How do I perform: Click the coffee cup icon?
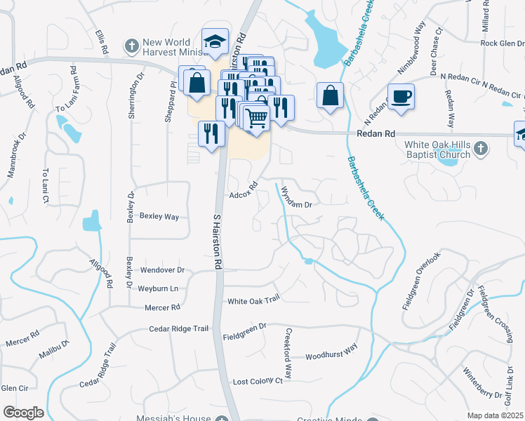(x=401, y=96)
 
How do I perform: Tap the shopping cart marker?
(x=258, y=118)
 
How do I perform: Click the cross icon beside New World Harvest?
(x=131, y=46)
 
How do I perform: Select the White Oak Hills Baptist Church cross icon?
(x=480, y=149)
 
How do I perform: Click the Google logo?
(x=23, y=413)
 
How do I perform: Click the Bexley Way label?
(x=159, y=216)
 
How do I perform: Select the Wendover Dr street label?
(x=162, y=269)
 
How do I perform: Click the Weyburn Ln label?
(x=158, y=288)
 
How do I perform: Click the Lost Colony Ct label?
(x=257, y=381)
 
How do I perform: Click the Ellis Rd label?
(x=103, y=41)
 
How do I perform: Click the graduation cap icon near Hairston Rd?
(x=215, y=41)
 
